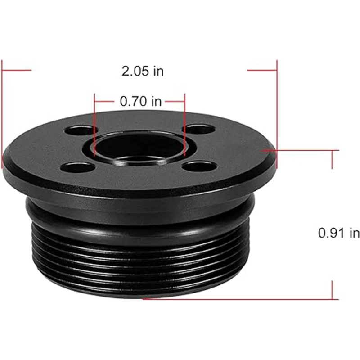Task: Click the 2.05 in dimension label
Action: click(143, 71)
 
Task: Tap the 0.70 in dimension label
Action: click(141, 101)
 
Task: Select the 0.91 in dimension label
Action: click(339, 233)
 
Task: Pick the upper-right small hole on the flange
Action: click(199, 130)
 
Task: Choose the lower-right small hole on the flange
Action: click(200, 166)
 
